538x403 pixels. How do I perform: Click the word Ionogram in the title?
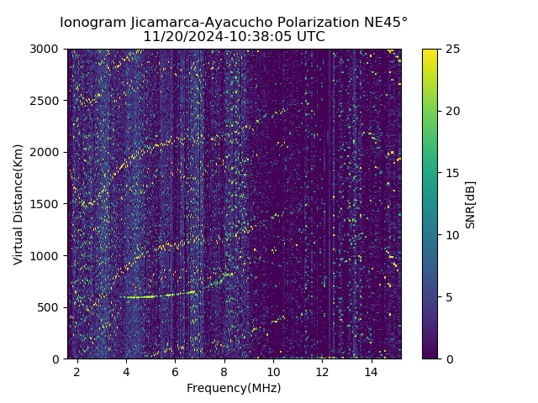pos(92,22)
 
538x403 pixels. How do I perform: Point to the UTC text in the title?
pos(308,37)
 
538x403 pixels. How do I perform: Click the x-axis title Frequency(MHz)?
pos(234,388)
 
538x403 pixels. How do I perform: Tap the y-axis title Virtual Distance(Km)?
pos(18,204)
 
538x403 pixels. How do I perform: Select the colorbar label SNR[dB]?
pos(471,204)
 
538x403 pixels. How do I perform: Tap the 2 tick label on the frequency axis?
pos(77,371)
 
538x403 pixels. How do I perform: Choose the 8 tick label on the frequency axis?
pos(224,371)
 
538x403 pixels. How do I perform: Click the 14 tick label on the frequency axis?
pos(371,371)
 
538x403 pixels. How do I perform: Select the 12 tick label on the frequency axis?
pos(322,371)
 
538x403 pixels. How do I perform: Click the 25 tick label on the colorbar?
pos(451,49)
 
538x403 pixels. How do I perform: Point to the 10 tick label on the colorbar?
pos(451,235)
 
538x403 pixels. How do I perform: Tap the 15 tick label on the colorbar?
pos(451,173)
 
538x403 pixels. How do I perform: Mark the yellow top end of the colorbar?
pos(430,51)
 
